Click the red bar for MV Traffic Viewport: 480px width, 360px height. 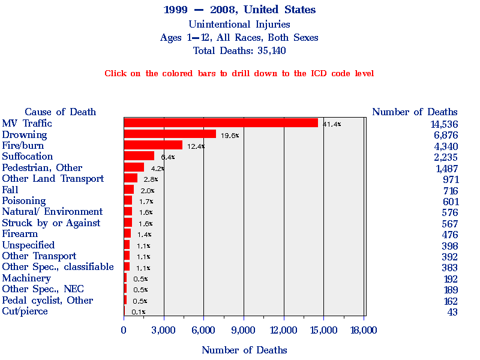click(x=221, y=123)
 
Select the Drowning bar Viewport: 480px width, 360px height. click(x=170, y=134)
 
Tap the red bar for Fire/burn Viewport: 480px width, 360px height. click(x=153, y=145)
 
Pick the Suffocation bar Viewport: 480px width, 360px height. click(x=139, y=156)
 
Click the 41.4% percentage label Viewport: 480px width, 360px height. click(x=332, y=124)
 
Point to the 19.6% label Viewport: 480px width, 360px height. click(x=230, y=136)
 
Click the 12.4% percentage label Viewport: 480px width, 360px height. click(x=196, y=146)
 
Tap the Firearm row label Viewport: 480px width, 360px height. click(x=20, y=233)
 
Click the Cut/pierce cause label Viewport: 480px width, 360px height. click(x=25, y=311)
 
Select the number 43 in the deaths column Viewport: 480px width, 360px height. click(x=452, y=312)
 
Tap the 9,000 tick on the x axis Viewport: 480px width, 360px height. click(x=244, y=330)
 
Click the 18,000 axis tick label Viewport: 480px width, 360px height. click(x=364, y=330)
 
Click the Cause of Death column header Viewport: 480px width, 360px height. click(x=60, y=112)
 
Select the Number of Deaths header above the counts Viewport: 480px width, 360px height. click(x=415, y=112)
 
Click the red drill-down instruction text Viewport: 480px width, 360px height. click(x=239, y=73)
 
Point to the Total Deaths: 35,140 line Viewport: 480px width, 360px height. click(x=239, y=50)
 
